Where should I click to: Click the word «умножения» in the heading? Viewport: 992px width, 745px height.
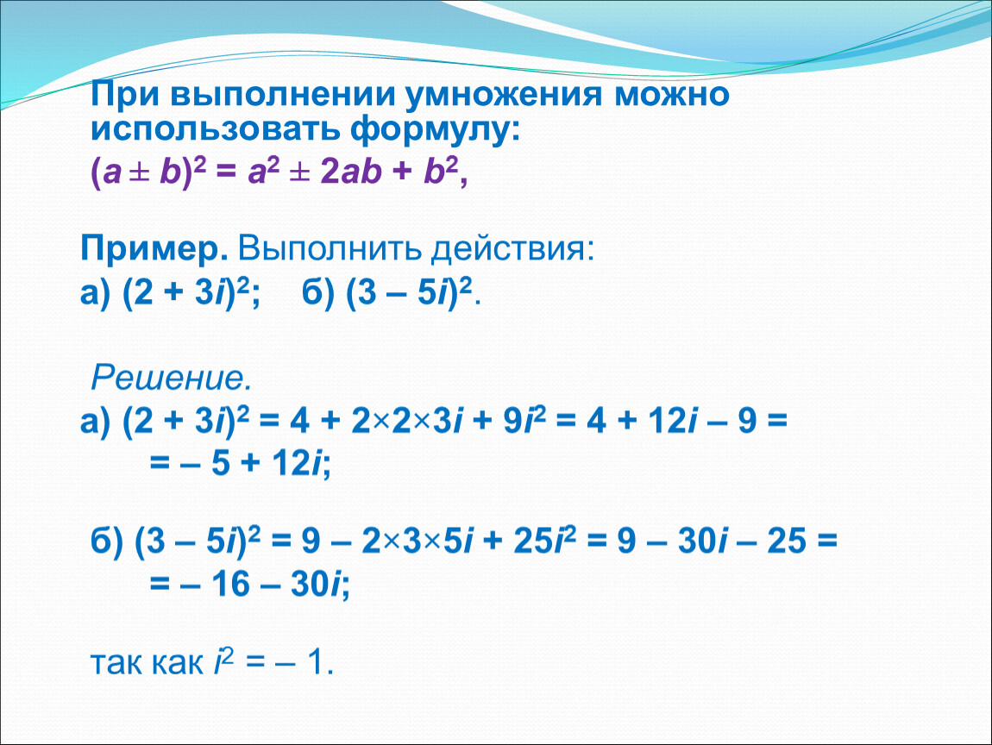[x=504, y=95]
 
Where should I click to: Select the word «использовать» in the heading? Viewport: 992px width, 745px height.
[x=217, y=129]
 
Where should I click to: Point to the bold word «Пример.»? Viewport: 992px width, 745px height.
[x=154, y=250]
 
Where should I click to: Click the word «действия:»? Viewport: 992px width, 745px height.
[x=513, y=250]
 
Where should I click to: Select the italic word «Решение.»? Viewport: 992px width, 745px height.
[x=172, y=379]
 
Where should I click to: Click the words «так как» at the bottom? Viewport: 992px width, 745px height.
[x=147, y=663]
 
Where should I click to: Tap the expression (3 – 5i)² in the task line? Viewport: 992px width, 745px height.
[x=410, y=293]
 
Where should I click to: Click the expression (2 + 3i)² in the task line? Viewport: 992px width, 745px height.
[x=186, y=293]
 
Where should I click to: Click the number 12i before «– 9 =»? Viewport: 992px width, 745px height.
[x=668, y=421]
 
